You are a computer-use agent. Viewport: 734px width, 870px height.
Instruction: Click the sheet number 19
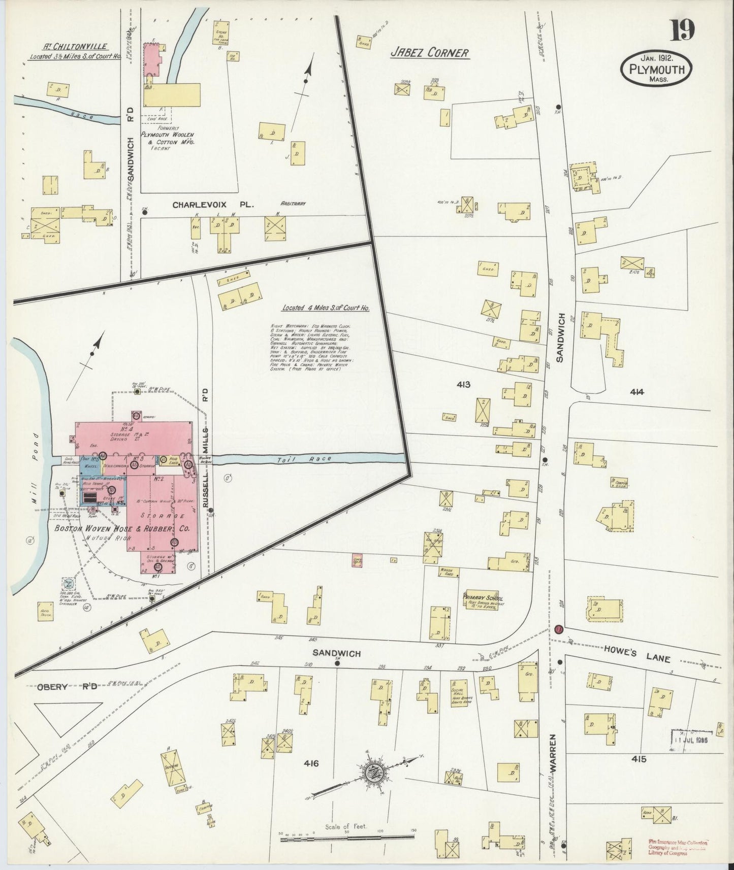pos(682,30)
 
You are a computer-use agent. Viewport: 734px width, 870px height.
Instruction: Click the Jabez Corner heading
pos(429,52)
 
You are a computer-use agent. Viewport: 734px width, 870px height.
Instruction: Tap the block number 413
pos(464,385)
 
